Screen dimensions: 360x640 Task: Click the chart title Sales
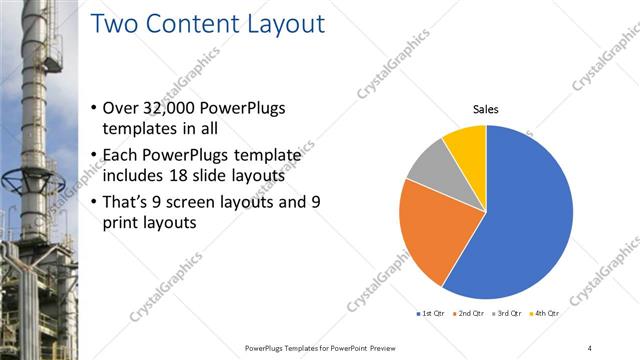coord(486,109)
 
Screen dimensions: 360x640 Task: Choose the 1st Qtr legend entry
coord(430,314)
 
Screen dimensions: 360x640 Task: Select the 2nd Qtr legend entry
coord(469,314)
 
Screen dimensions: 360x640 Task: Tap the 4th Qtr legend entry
coord(544,314)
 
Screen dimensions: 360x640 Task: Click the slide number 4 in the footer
coord(589,347)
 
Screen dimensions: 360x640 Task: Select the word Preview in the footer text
coord(376,347)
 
